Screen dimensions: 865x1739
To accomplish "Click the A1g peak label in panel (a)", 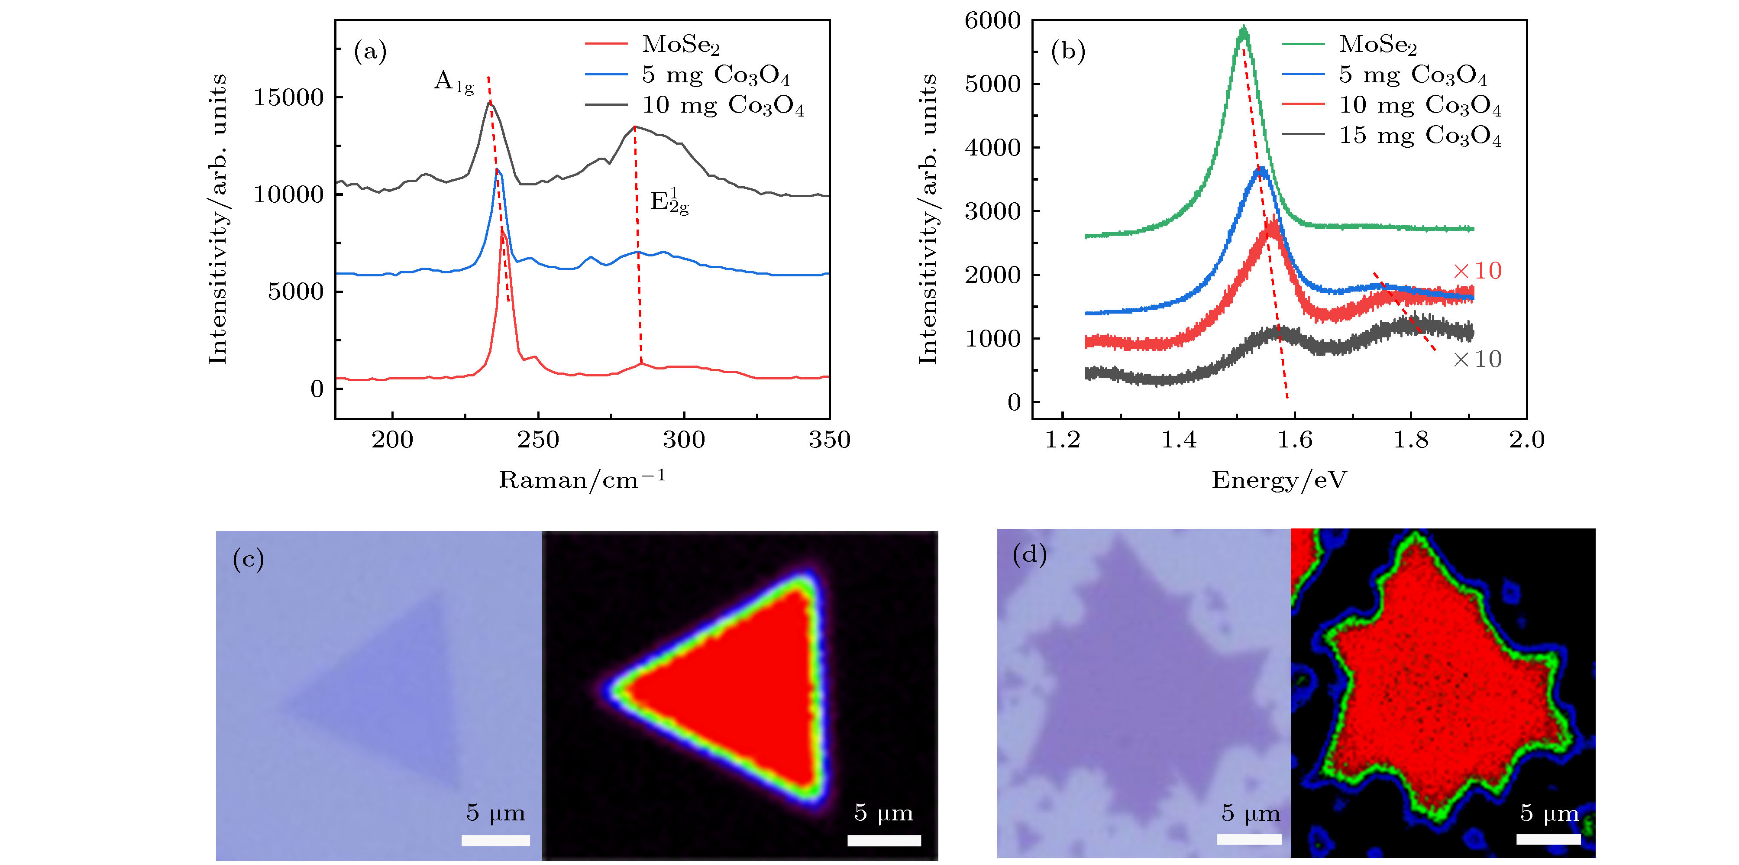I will (454, 82).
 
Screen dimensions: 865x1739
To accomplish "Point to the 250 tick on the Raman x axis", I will (538, 440).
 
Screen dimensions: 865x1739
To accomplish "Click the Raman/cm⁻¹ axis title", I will (582, 479).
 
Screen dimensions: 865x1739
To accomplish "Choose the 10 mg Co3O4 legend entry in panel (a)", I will (722, 105).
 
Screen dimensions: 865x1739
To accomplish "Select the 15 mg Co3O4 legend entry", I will (1420, 136).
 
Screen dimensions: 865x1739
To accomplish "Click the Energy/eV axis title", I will (1279, 479).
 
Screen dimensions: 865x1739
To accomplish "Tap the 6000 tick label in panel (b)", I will (992, 21).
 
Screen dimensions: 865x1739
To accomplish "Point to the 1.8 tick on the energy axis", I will (1411, 440).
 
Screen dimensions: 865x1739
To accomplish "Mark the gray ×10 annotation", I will (1477, 359).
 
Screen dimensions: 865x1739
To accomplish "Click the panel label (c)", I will (248, 559).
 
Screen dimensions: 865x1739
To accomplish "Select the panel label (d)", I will (1029, 554).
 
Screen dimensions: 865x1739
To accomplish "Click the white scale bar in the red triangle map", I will (884, 840).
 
